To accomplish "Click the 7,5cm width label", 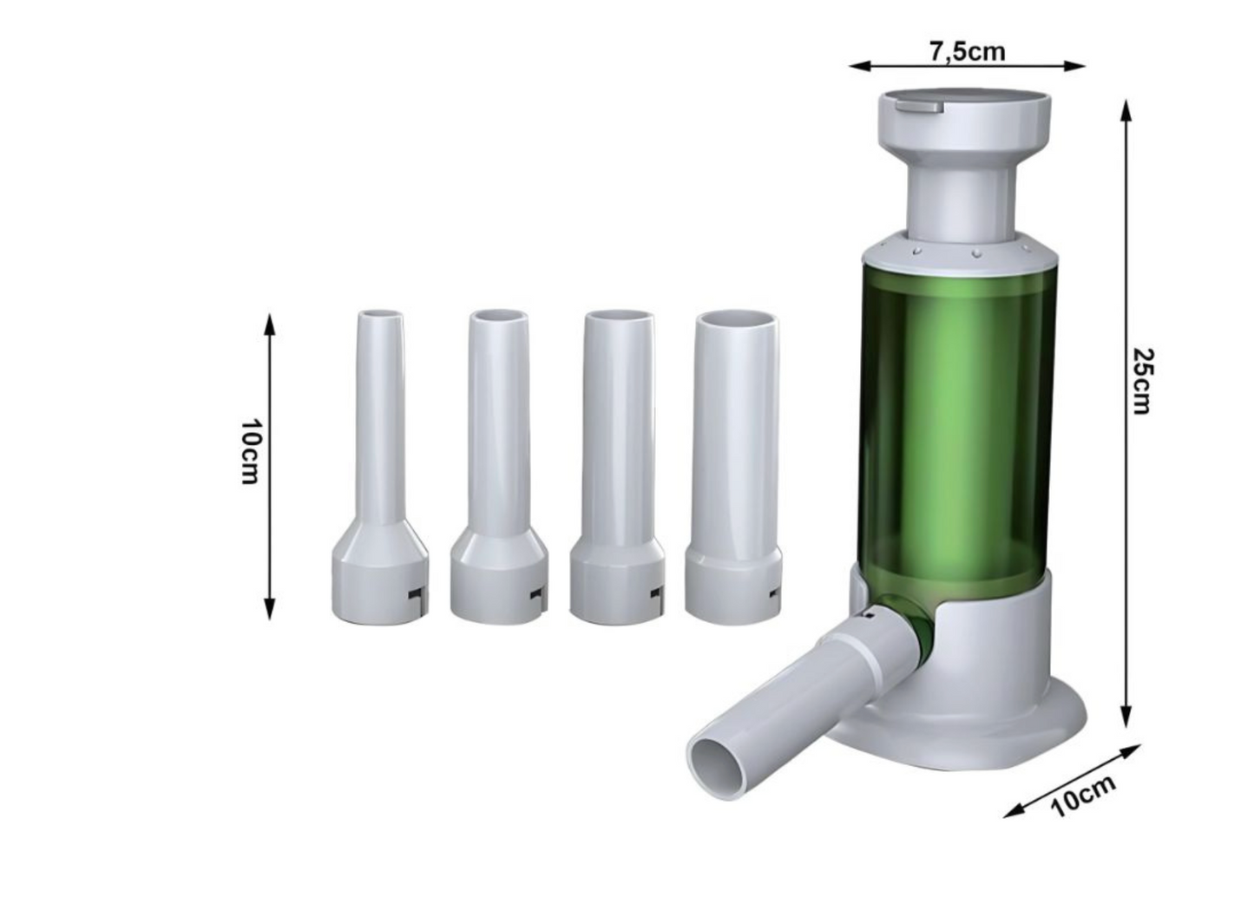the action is (968, 51).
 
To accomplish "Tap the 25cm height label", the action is (1142, 381).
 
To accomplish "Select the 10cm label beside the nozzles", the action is (248, 451).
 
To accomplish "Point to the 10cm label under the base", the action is (1083, 798).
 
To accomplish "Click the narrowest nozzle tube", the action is (380, 468).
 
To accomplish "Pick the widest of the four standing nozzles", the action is (732, 468).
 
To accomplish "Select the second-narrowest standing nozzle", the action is (499, 468).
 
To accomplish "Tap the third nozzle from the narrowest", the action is (618, 468).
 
